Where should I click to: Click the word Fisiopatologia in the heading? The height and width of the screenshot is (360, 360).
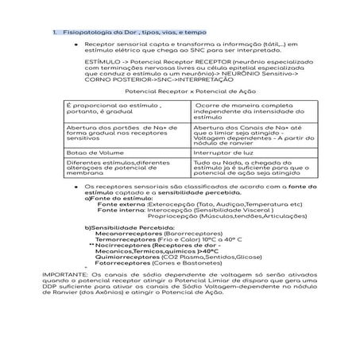pos(83,33)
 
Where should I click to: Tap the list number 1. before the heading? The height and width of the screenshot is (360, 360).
pos(54,33)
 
